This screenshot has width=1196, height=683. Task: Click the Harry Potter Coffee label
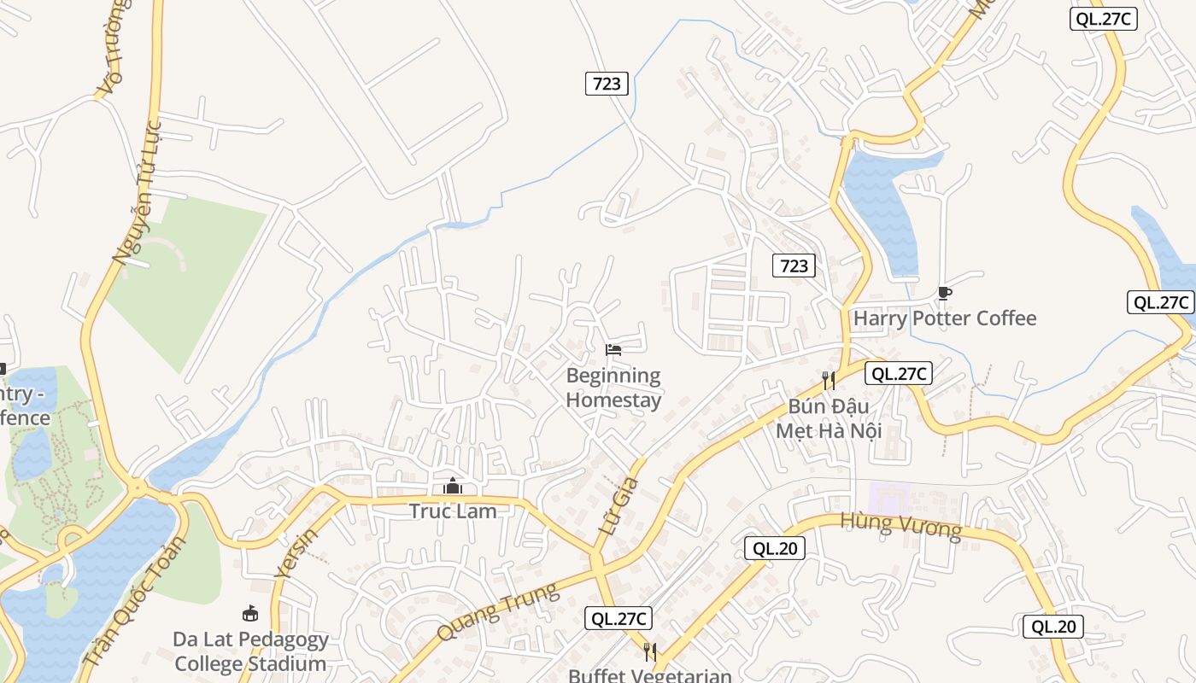point(945,318)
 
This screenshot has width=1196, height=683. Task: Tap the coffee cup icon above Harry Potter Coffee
point(944,294)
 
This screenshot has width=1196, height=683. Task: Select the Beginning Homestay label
point(613,388)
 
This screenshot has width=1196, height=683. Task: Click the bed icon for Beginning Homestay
point(613,349)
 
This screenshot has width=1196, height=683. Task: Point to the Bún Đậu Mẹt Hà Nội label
point(828,418)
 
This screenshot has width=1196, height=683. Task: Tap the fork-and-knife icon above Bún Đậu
point(828,380)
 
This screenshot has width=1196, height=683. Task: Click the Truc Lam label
point(453,511)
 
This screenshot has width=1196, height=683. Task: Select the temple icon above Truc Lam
point(453,487)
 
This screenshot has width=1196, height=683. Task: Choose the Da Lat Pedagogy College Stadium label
point(250,651)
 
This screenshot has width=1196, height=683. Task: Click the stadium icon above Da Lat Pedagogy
point(250,613)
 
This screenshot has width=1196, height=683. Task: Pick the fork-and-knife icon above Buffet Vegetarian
point(650,652)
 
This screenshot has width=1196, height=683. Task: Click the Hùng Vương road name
point(900,526)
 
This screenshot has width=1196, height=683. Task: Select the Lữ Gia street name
point(619,506)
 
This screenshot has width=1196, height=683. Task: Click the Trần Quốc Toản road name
point(135,602)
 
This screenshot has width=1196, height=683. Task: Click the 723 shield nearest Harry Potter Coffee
point(794,266)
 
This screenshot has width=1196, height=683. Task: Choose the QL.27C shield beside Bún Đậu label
point(898,373)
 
